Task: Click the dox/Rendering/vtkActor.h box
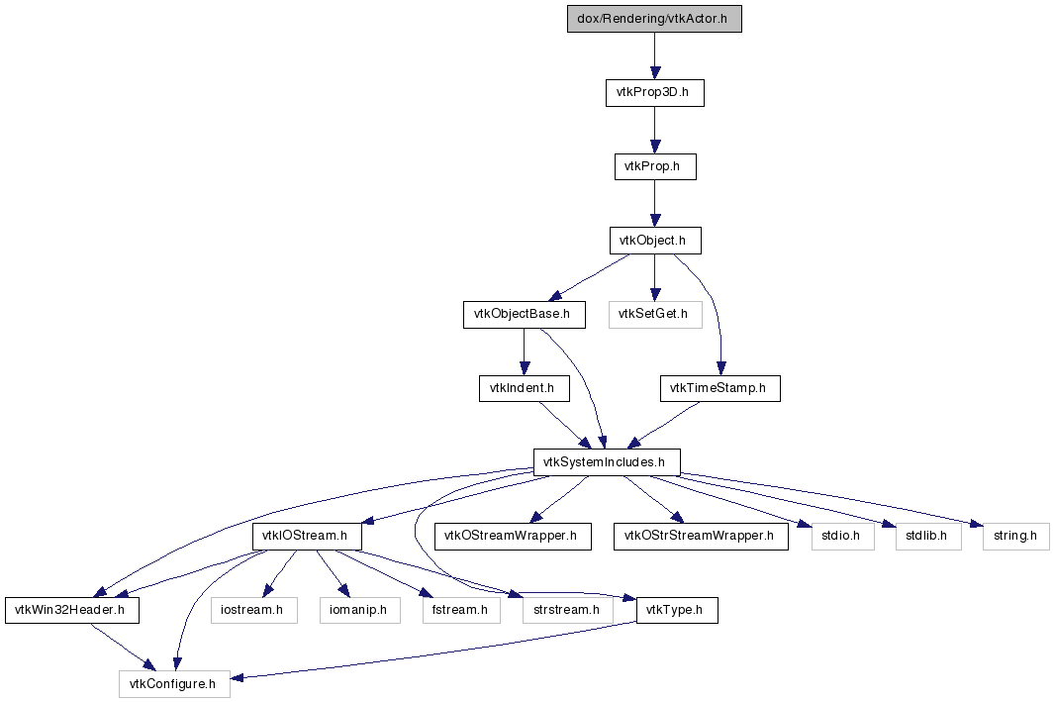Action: pos(654,19)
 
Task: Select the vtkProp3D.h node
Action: pos(655,93)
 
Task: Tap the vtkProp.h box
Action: pos(655,166)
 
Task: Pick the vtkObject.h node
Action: pos(655,241)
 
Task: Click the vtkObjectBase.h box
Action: pos(525,315)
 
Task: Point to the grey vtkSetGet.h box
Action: pos(655,315)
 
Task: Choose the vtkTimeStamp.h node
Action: pos(720,389)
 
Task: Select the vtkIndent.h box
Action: pos(525,389)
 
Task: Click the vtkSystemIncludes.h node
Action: pos(607,462)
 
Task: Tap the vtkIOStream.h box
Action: pos(307,537)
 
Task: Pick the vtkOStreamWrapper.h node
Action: pos(513,537)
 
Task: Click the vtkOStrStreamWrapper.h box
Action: pos(701,537)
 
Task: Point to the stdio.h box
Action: pos(843,537)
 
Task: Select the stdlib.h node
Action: pos(928,537)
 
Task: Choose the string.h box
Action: pos(1015,537)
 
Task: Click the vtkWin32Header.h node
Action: pos(72,611)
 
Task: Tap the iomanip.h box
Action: pos(359,611)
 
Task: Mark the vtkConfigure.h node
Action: pos(175,684)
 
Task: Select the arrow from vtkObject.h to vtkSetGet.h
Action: pos(655,277)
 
